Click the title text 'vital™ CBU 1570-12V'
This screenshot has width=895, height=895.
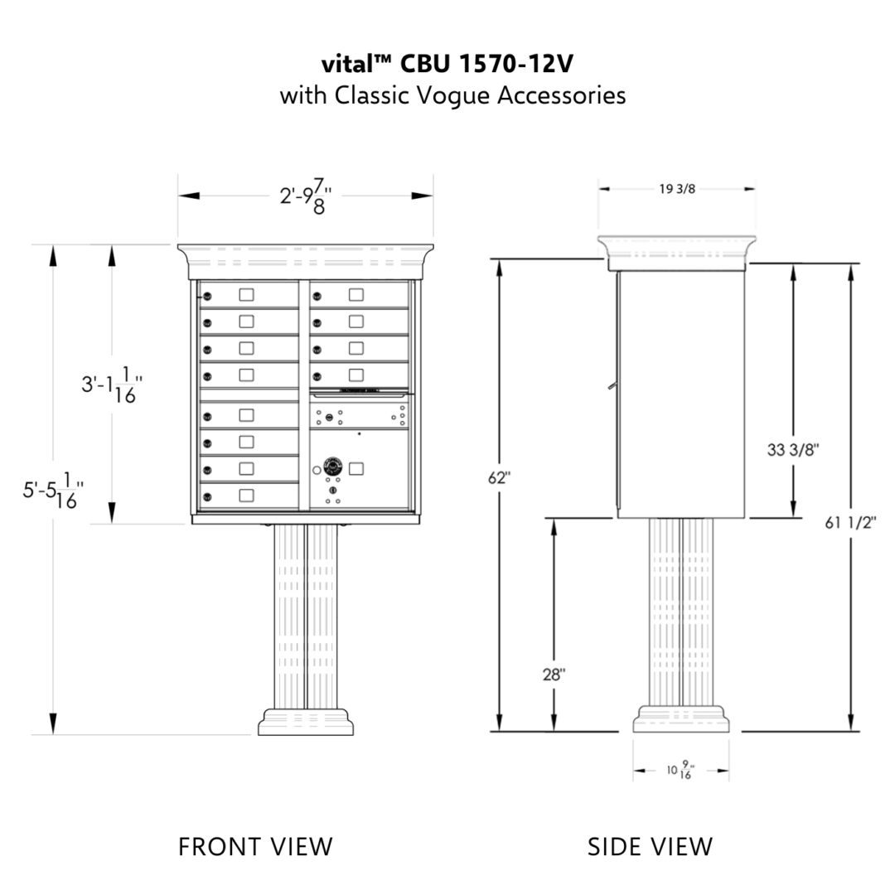coord(447,64)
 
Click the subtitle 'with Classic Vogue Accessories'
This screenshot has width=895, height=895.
coord(452,95)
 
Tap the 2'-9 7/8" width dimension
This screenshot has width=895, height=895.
coord(305,196)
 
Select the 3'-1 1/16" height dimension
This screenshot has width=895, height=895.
coord(111,385)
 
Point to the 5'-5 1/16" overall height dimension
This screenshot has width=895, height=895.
coord(53,490)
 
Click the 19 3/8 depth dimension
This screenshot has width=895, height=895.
coord(677,189)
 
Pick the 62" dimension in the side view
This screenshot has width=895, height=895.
coord(500,478)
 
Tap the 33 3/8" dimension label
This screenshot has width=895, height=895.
coord(793,450)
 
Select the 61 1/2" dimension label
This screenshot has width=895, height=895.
coord(850,522)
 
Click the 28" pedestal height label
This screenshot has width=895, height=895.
coord(554,675)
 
